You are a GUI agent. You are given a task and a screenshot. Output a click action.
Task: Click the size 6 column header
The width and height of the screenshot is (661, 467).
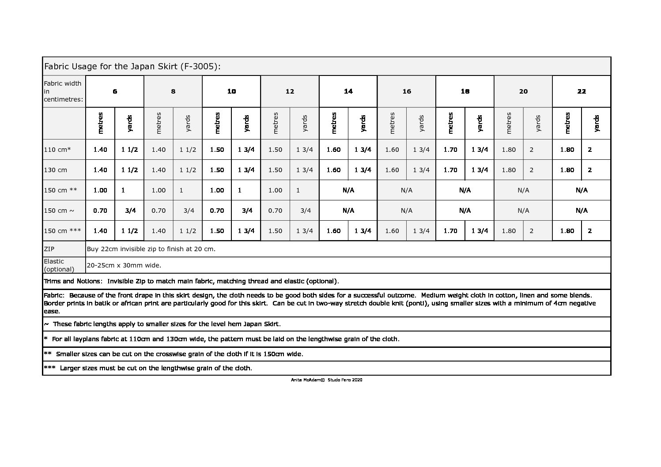coord(115,91)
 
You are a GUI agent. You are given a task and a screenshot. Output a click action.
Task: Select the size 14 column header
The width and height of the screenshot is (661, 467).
coord(348,91)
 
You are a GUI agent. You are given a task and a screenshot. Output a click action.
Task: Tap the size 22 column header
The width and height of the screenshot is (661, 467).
coord(582,91)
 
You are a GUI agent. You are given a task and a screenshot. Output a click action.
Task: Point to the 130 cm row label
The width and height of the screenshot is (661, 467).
coord(56,170)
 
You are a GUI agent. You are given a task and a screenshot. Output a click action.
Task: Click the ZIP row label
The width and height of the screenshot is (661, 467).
coord(49,249)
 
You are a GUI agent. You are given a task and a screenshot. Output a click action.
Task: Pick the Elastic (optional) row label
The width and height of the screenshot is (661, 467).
coord(59,265)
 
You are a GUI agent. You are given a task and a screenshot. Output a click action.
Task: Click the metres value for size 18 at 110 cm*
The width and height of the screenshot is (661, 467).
coord(450,150)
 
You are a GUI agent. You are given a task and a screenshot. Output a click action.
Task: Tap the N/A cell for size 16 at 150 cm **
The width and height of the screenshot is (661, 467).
coord(406,190)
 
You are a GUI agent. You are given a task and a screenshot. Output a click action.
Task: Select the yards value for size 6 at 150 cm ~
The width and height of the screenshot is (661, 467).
coord(130,211)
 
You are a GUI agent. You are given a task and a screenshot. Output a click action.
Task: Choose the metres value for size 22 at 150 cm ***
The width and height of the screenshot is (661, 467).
coord(567,231)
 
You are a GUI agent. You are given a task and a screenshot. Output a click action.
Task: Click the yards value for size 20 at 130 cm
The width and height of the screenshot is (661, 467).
coord(531,170)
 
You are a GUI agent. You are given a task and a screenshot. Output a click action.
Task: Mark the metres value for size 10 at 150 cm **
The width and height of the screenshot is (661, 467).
coord(217,190)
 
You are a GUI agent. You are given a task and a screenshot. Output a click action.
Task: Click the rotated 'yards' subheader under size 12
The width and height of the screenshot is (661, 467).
coord(305,124)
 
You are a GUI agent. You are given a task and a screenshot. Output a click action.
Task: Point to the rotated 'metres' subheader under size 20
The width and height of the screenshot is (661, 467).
coord(509,123)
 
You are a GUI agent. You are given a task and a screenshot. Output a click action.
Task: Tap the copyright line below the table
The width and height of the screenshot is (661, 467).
coord(327,380)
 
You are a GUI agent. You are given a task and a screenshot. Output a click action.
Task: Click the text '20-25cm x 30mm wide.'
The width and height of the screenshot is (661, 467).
coord(124,265)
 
